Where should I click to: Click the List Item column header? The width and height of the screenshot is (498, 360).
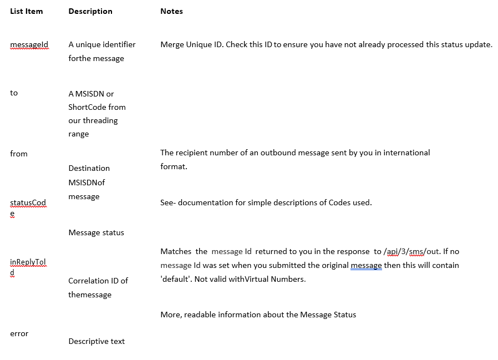tap(27, 11)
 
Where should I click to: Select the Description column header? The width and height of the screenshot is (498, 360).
tap(90, 11)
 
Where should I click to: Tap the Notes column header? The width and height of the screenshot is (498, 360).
tap(171, 11)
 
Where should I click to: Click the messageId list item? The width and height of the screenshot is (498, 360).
tap(29, 44)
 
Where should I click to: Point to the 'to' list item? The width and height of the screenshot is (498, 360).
tap(14, 93)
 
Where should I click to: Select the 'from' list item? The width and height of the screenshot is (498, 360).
tap(19, 154)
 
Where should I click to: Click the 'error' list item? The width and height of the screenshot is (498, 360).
tap(19, 333)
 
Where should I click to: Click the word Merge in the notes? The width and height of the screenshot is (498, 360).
tap(172, 44)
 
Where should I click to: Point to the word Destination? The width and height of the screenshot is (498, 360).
tap(89, 168)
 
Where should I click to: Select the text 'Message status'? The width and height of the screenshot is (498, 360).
tap(96, 232)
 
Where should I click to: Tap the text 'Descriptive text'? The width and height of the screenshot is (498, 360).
tap(97, 341)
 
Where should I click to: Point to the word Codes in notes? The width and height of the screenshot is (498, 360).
tap(341, 202)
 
